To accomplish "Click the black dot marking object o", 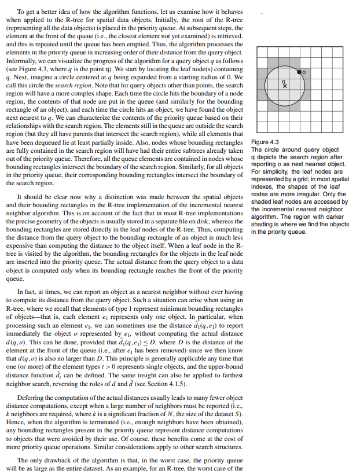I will [299, 72].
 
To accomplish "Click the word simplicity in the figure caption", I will [273, 172].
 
